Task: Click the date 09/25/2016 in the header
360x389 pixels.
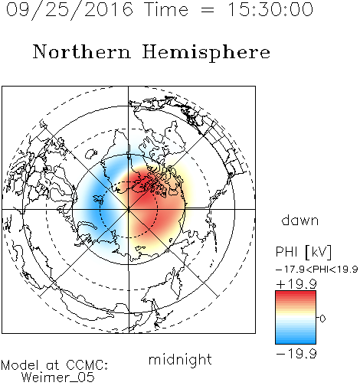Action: pos(70,10)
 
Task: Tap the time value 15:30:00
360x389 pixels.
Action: pos(270,9)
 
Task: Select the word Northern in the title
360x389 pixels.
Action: pos(81,51)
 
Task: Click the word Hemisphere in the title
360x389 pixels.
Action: pos(206,53)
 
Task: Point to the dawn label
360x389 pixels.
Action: pos(300,221)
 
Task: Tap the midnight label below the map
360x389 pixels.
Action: pos(180,360)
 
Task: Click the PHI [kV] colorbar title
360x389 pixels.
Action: pos(303,252)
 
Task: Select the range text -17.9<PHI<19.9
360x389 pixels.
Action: pos(317,270)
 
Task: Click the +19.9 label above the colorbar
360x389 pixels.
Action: pos(296,283)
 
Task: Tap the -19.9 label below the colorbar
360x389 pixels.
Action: pos(296,354)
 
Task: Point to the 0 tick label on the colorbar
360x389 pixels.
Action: pos(322,319)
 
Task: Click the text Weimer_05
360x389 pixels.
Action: pos(58,378)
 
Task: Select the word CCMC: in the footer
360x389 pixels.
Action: pos(87,365)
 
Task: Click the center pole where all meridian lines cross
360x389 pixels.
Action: pos(129,209)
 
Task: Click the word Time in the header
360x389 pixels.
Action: pos(166,9)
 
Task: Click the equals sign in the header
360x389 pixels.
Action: pos(208,10)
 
